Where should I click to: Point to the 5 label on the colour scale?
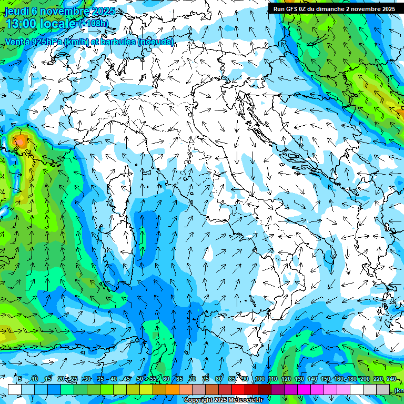pyautogui.click(x=20, y=379)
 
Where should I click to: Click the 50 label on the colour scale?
pyautogui.click(x=140, y=379)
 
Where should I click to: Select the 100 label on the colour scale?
pyautogui.click(x=260, y=379)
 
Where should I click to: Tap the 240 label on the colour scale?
pyautogui.click(x=391, y=379)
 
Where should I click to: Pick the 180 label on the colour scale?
pyautogui.click(x=351, y=379)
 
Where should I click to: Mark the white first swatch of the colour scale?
pyautogui.click(x=14, y=389)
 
